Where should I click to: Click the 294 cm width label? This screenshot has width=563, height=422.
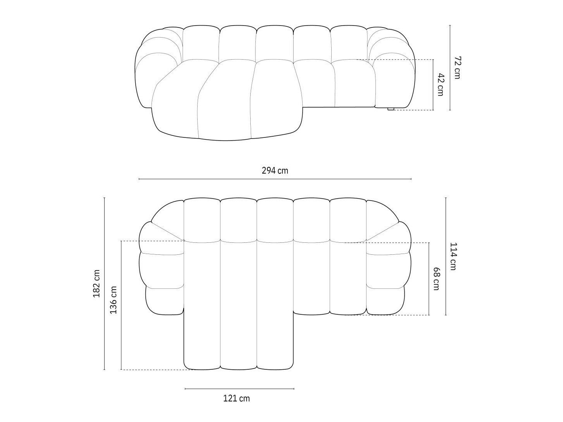pyautogui.click(x=275, y=170)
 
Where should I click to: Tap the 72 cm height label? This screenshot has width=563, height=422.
pyautogui.click(x=458, y=68)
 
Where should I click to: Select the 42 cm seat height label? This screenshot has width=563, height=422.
pyautogui.click(x=441, y=84)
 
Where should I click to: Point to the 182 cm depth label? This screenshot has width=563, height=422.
pyautogui.click(x=96, y=284)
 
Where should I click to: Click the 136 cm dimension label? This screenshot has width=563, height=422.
pyautogui.click(x=113, y=300)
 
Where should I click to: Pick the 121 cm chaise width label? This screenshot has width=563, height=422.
pyautogui.click(x=236, y=398)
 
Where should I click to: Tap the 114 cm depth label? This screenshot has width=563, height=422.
pyautogui.click(x=453, y=256)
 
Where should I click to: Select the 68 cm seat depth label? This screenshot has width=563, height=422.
pyautogui.click(x=437, y=278)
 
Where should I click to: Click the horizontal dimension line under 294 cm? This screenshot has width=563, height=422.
pyautogui.click(x=275, y=179)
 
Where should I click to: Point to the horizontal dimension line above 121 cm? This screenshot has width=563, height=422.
pyautogui.click(x=239, y=388)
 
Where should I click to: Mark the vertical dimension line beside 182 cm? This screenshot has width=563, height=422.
pyautogui.click(x=104, y=284)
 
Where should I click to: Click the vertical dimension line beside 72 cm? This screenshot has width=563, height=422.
pyautogui.click(x=450, y=68)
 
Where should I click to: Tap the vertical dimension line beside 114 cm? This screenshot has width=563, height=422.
pyautogui.click(x=446, y=256)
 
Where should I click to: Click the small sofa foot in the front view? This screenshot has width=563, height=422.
pyautogui.click(x=391, y=109)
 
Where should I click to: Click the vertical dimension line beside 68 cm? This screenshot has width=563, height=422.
pyautogui.click(x=429, y=278)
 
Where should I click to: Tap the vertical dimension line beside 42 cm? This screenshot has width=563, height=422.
pyautogui.click(x=433, y=84)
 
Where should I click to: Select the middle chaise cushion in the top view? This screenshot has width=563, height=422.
pyautogui.click(x=238, y=304)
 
